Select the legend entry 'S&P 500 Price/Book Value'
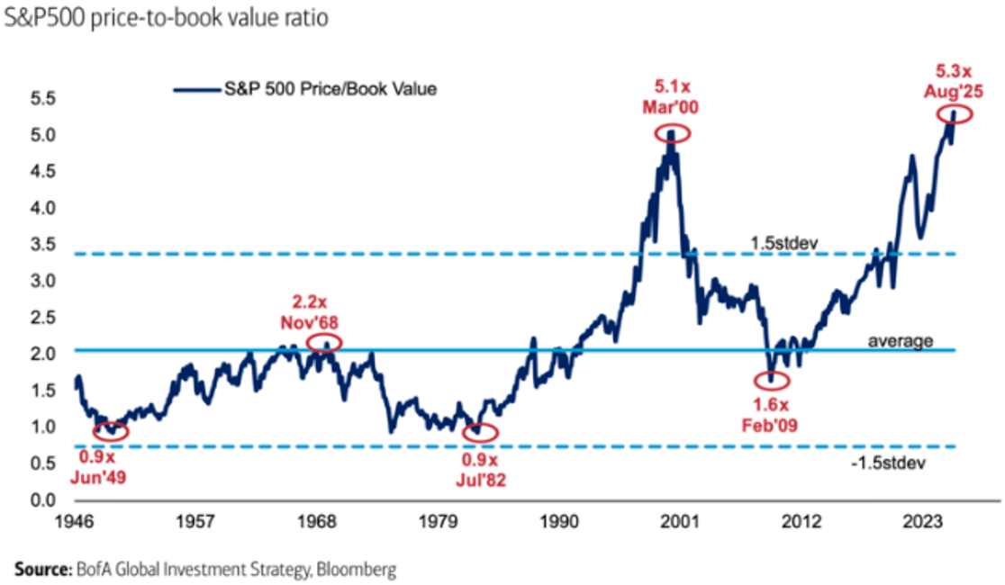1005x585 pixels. click(x=306, y=89)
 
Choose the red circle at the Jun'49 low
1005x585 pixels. click(x=110, y=431)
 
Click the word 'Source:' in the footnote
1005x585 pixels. click(x=40, y=570)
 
